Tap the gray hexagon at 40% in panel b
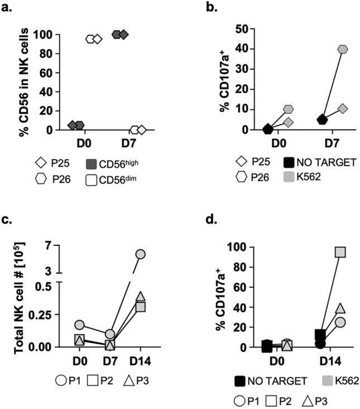pos(342,50)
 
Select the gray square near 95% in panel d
pos(339,252)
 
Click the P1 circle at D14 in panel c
pos(140,254)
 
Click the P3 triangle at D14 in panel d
pos(339,308)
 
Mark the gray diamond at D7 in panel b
pos(343,108)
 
